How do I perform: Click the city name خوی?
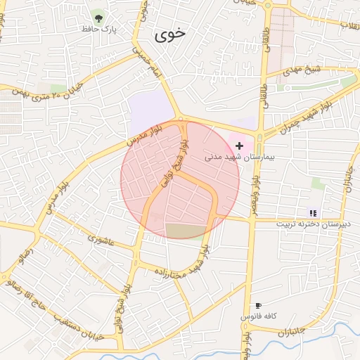(x=172, y=34)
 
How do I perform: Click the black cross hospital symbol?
(x=240, y=146)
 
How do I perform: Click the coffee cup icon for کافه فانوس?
(x=259, y=305)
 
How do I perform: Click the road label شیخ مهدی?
(x=302, y=71)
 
